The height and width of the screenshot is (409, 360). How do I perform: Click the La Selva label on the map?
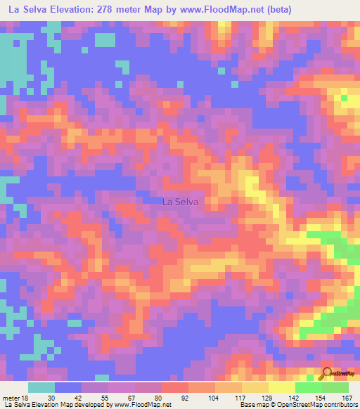180,202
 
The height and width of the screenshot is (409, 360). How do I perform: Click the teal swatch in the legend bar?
41,387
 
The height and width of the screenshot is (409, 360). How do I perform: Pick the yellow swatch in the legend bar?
281,387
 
